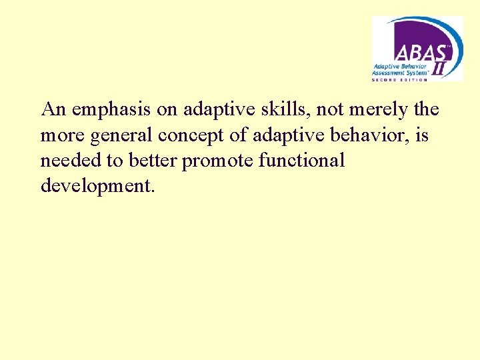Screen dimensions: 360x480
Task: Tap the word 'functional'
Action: [x=303, y=161]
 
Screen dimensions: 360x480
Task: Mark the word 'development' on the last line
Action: [x=97, y=186]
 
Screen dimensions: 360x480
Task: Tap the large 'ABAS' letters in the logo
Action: [x=415, y=51]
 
